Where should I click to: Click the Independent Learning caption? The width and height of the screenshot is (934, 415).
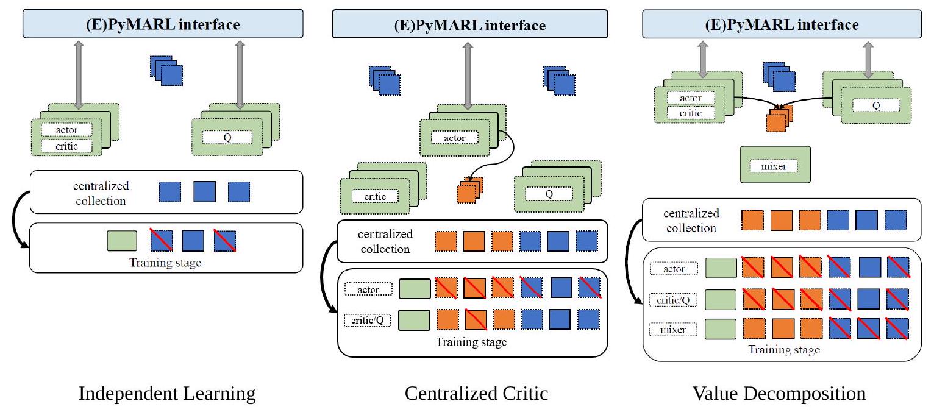[x=167, y=394]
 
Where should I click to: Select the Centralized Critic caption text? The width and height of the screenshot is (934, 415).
[x=476, y=394]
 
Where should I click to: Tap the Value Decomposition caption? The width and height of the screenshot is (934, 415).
[x=779, y=394]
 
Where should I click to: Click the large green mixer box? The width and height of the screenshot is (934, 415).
[x=775, y=165]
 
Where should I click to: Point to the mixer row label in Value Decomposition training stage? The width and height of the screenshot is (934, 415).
[x=672, y=330]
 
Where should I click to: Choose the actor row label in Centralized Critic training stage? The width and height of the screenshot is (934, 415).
[x=368, y=289]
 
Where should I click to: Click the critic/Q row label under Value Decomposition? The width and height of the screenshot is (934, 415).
[x=672, y=299]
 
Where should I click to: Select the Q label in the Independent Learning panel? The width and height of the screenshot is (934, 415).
[x=227, y=137]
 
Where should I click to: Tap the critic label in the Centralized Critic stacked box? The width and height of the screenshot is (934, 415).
[x=374, y=196]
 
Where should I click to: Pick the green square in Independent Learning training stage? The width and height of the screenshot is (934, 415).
[x=121, y=241]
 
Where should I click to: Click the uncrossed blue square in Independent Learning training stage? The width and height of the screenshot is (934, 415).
[x=193, y=241]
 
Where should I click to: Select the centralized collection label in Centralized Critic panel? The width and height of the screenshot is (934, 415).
[x=385, y=241]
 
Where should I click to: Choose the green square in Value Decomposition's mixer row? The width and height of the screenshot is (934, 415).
[x=719, y=330]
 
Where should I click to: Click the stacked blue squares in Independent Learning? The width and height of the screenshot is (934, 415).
[x=166, y=70]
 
